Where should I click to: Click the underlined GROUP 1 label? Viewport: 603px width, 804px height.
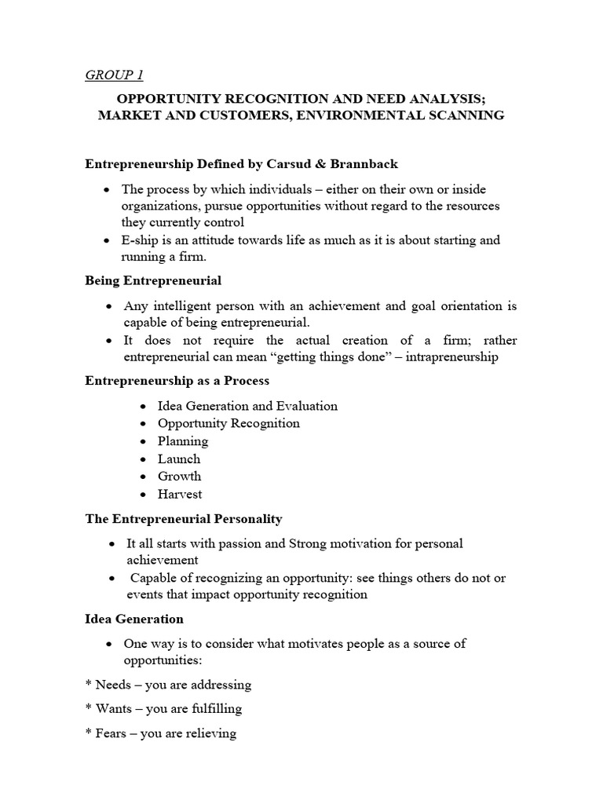point(114,75)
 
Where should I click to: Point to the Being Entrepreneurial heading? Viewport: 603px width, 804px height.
point(152,280)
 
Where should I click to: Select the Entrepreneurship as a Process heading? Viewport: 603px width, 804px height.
point(177,381)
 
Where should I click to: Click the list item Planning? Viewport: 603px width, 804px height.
point(183,441)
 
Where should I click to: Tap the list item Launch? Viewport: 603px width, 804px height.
point(179,459)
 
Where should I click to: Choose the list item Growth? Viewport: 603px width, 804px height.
point(179,477)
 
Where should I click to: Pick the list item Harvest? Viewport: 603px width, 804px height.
point(180,495)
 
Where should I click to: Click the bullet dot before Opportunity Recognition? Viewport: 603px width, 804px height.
point(142,424)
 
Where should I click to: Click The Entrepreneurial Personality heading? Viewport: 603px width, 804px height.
point(183,519)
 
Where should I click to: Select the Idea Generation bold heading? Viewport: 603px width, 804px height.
point(133,619)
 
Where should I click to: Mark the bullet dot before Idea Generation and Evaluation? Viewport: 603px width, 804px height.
point(142,407)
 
